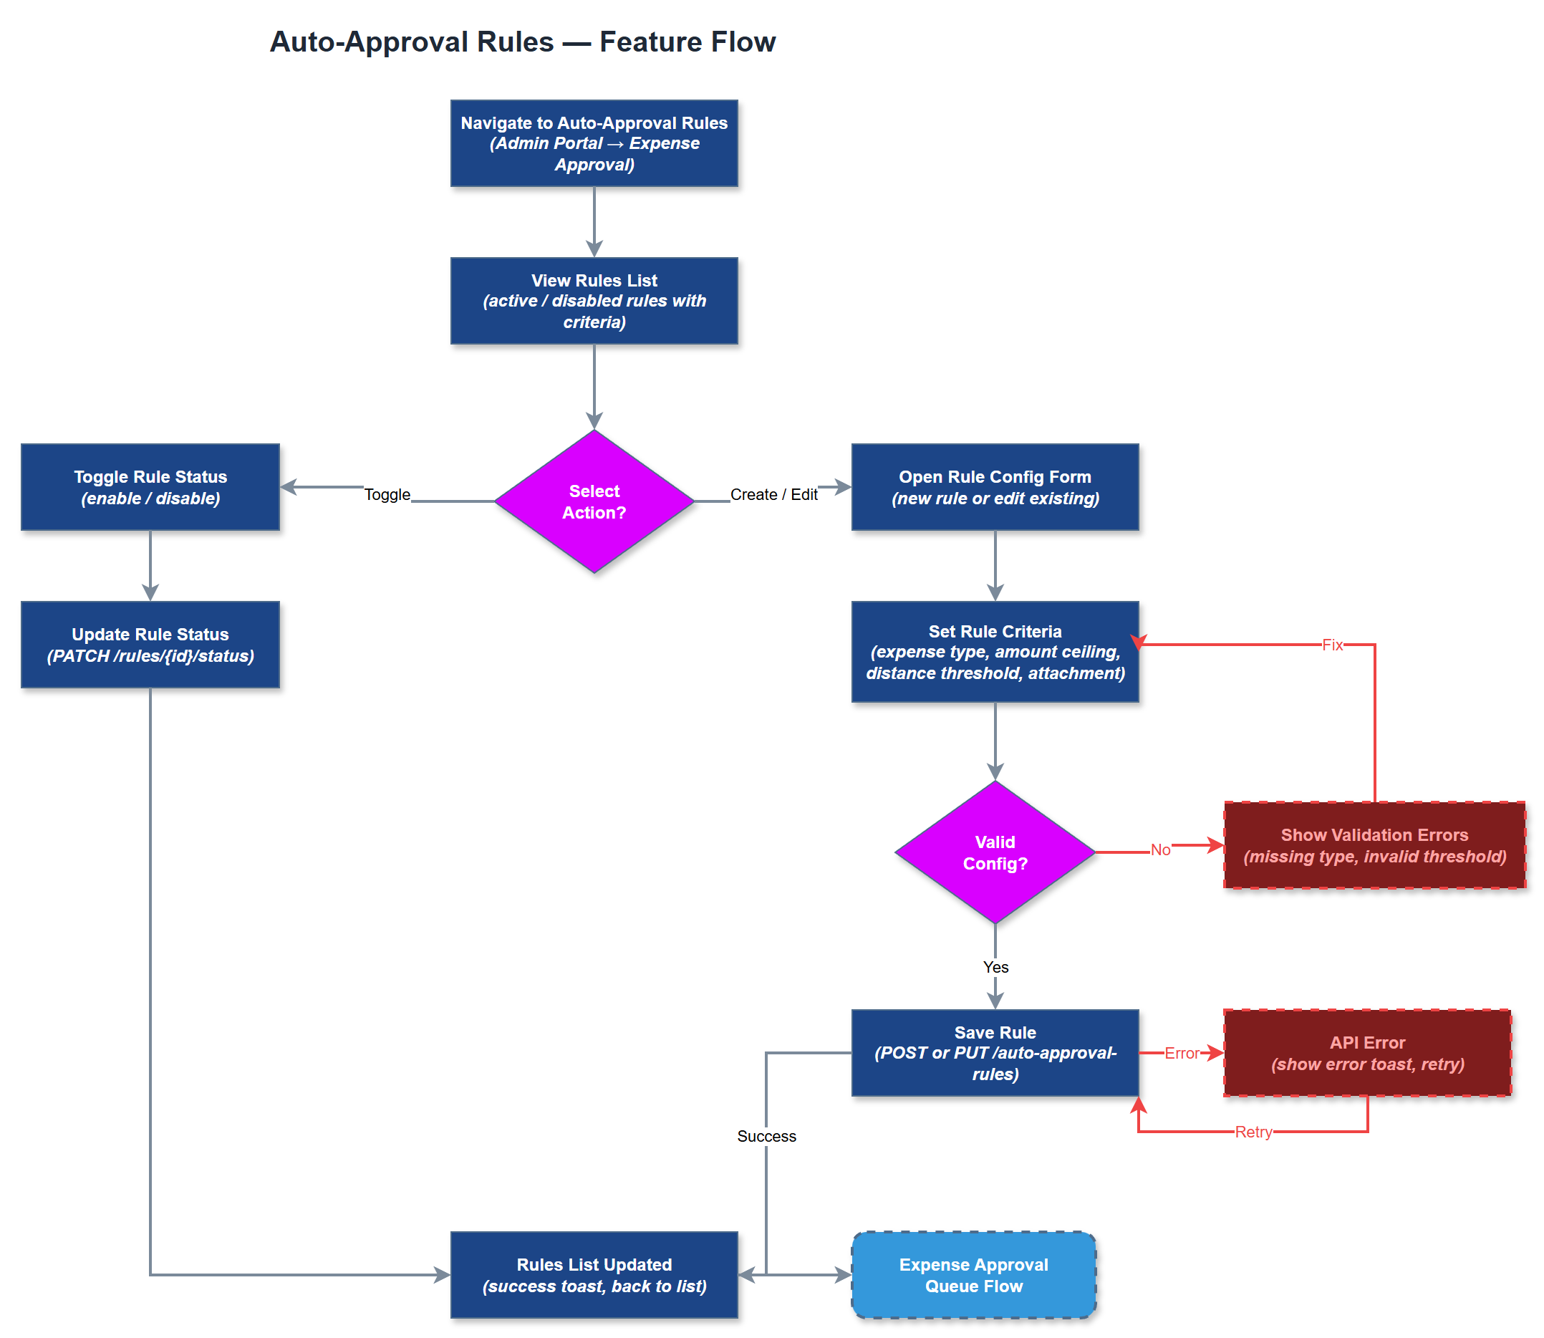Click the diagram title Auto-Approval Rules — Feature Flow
(x=522, y=42)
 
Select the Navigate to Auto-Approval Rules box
(x=594, y=143)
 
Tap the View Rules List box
(x=594, y=301)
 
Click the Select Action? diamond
(x=594, y=501)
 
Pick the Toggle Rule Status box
(x=150, y=488)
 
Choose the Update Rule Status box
(x=150, y=645)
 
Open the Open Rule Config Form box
(x=995, y=488)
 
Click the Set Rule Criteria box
(x=995, y=652)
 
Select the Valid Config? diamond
(x=995, y=852)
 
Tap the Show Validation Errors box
(x=1374, y=845)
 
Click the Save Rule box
(x=995, y=1053)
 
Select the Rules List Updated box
(x=594, y=1275)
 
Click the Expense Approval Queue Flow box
(x=973, y=1275)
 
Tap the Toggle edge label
(x=387, y=494)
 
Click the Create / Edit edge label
(x=773, y=494)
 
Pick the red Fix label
(x=1332, y=645)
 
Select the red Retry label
(x=1253, y=1132)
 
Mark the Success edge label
(x=766, y=1136)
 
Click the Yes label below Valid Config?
(x=995, y=967)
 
